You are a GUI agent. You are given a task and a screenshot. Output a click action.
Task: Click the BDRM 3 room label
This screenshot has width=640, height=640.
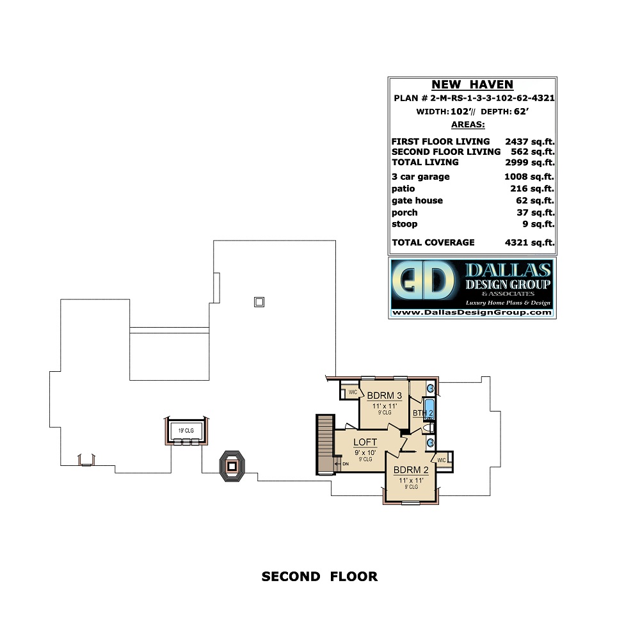pyautogui.click(x=384, y=395)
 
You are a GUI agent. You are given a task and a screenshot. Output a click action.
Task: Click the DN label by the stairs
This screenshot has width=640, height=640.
pyautogui.click(x=346, y=464)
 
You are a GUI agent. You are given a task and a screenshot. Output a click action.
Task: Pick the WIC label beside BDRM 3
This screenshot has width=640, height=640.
pyautogui.click(x=352, y=392)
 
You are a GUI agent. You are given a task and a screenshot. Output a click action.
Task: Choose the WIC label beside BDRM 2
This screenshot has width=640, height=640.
pyautogui.click(x=442, y=460)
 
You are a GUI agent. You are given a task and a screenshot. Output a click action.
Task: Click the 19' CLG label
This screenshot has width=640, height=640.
pyautogui.click(x=186, y=430)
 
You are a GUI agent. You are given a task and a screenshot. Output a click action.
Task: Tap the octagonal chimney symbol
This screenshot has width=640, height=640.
pyautogui.click(x=232, y=466)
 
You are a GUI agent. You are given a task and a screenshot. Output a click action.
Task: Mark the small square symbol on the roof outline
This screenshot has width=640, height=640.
pyautogui.click(x=259, y=301)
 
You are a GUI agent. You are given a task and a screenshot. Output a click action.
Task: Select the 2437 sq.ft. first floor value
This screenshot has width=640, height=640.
pyautogui.click(x=529, y=141)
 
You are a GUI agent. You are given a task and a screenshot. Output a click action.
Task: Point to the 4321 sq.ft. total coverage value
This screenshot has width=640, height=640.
pyautogui.click(x=529, y=243)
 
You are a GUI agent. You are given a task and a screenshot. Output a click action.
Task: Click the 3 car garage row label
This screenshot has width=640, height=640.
pyautogui.click(x=420, y=177)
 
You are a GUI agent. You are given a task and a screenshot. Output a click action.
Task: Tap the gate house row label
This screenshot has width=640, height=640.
pyautogui.click(x=417, y=200)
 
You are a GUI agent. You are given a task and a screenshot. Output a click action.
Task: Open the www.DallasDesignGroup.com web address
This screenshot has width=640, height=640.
pyautogui.click(x=471, y=313)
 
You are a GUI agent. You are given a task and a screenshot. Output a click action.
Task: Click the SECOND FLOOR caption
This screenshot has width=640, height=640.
pyautogui.click(x=319, y=577)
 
